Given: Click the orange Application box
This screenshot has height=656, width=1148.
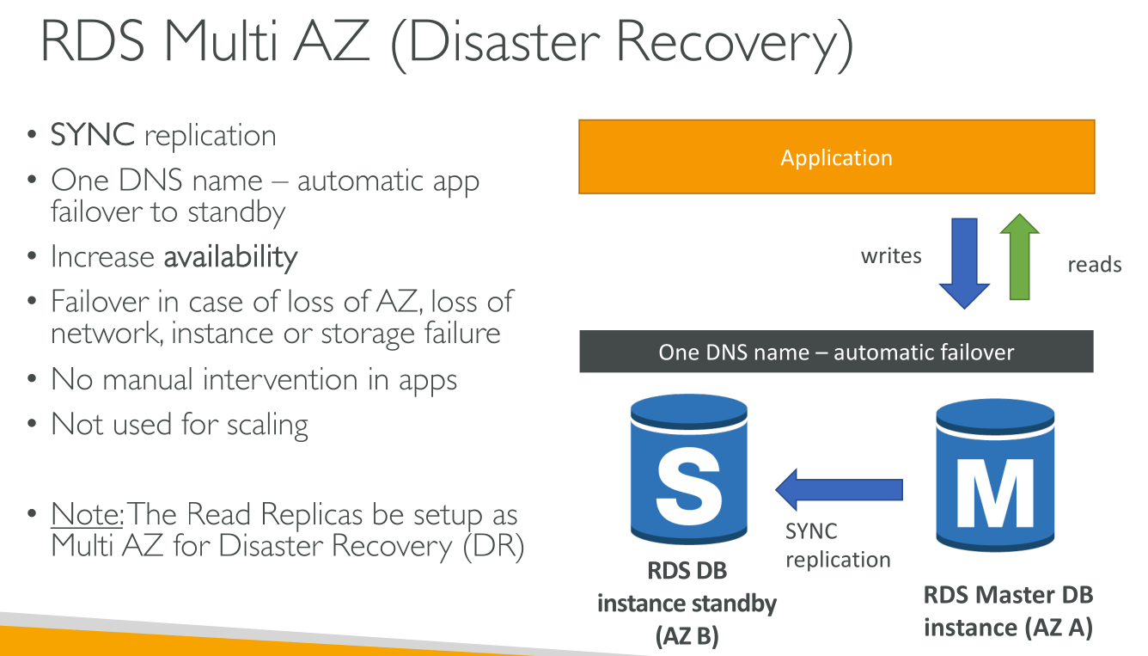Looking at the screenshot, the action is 836,157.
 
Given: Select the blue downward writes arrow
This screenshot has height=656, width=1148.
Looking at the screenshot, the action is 964,263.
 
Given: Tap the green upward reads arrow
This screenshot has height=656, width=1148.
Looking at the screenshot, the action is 1019,256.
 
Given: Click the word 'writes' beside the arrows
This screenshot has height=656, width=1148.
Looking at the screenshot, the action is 891,255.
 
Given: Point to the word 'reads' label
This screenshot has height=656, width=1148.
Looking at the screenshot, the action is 1094,265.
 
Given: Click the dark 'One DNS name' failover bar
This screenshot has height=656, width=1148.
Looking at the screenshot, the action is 836,352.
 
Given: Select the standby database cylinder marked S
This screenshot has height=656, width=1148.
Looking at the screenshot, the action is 689,469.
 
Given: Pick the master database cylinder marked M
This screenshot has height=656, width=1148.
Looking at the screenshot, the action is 995,475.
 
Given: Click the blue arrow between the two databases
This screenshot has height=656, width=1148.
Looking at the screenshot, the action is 839,489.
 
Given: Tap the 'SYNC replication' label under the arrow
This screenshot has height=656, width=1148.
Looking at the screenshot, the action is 838,545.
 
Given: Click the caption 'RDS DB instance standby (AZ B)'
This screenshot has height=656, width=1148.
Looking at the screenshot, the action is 687,604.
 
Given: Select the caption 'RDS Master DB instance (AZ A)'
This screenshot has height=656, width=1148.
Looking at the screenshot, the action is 1008,611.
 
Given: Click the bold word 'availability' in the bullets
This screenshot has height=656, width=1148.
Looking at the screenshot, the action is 230,257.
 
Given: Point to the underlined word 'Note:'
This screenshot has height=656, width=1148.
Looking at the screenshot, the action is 87,513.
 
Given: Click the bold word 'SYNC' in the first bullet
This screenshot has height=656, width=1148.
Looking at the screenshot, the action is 93,134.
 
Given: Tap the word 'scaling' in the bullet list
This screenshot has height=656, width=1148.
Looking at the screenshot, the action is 267,425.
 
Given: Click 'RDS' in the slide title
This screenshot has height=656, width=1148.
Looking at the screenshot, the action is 92,41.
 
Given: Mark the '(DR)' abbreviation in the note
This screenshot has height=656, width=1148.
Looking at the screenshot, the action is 493,546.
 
